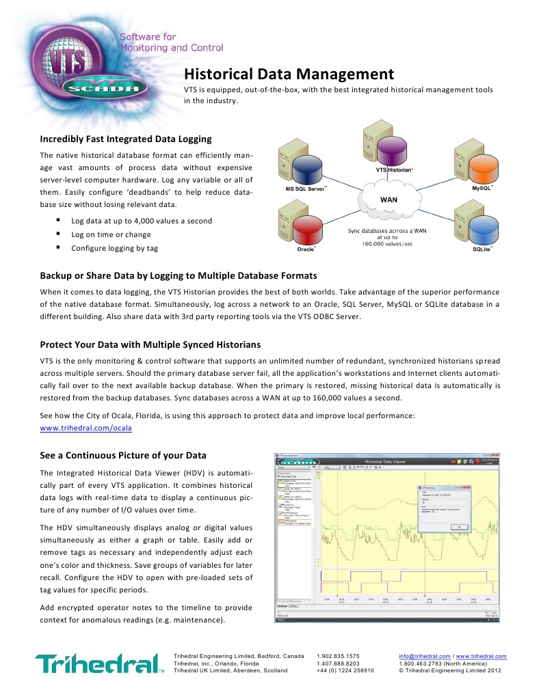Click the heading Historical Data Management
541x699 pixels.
point(289,74)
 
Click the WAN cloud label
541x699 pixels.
point(388,199)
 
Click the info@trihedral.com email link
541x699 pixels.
point(424,656)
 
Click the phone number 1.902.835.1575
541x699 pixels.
point(338,656)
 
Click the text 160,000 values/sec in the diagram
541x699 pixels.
point(386,244)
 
